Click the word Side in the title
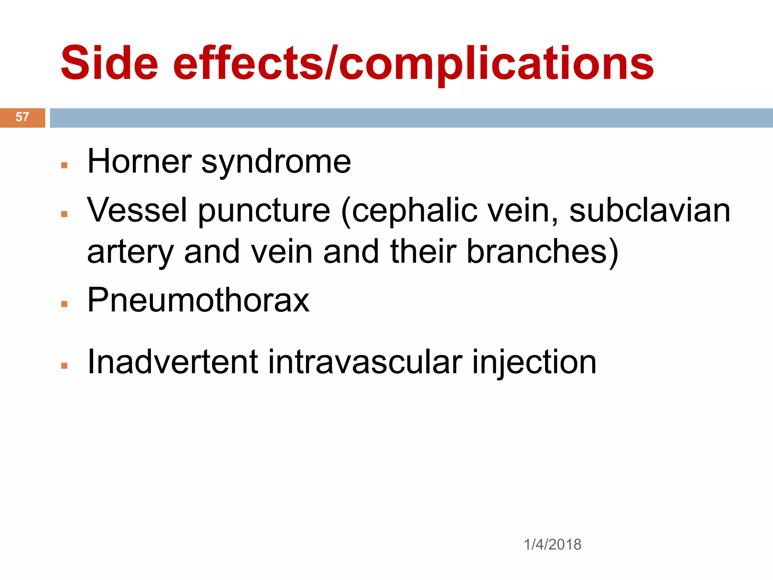pyautogui.click(x=109, y=63)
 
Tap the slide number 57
pyautogui.click(x=22, y=117)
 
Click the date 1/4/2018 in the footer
pyautogui.click(x=553, y=545)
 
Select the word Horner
pyautogui.click(x=140, y=162)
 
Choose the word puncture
pyautogui.click(x=264, y=211)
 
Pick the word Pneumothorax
pyautogui.click(x=198, y=300)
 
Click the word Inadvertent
pyautogui.click(x=172, y=362)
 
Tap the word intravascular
pyautogui.click(x=365, y=362)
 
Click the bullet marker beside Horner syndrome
pyautogui.click(x=64, y=165)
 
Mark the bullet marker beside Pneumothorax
pyautogui.click(x=64, y=304)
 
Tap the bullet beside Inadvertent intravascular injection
pyautogui.click(x=64, y=366)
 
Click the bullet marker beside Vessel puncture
pyautogui.click(x=64, y=214)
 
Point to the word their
pyautogui.click(x=423, y=252)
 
